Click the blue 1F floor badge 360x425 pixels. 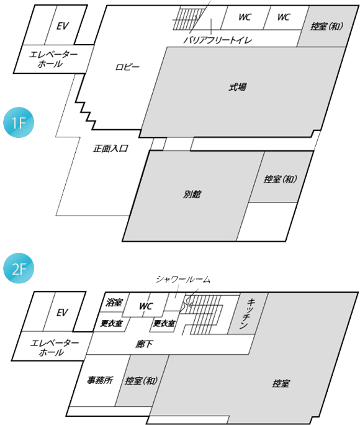click(19, 122)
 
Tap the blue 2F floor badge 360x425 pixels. click(19, 268)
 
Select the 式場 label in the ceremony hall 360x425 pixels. click(238, 87)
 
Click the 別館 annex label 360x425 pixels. click(192, 194)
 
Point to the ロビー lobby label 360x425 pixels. click(127, 67)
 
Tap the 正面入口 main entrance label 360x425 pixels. click(110, 149)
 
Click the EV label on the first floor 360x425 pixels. click(63, 26)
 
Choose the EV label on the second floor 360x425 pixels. click(62, 313)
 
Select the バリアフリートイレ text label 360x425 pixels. click(218, 40)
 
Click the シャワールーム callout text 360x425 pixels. click(183, 279)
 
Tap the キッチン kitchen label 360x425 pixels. click(247, 314)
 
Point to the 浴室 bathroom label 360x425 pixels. click(114, 302)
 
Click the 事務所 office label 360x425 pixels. click(100, 380)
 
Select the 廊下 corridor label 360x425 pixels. click(144, 344)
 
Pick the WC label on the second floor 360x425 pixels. click(146, 306)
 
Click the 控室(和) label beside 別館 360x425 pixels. click(281, 179)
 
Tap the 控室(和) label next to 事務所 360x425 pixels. click(142, 380)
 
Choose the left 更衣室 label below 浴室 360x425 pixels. click(111, 323)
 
